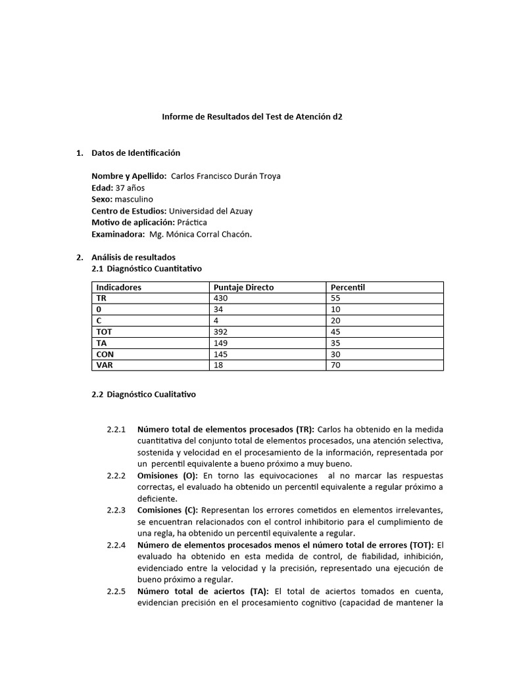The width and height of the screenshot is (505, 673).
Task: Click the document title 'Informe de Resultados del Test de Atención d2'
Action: click(252, 116)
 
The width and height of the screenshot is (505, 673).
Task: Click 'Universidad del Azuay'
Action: click(210, 211)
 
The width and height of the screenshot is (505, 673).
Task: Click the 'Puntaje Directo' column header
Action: click(244, 287)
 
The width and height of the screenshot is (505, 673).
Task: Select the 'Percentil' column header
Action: click(348, 287)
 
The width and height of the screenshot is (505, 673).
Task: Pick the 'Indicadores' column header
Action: click(119, 287)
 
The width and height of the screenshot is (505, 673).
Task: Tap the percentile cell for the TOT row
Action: click(335, 332)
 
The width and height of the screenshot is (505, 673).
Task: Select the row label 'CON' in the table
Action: click(105, 354)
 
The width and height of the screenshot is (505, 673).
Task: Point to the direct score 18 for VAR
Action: click(219, 365)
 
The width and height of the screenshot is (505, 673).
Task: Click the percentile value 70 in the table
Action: click(335, 365)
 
